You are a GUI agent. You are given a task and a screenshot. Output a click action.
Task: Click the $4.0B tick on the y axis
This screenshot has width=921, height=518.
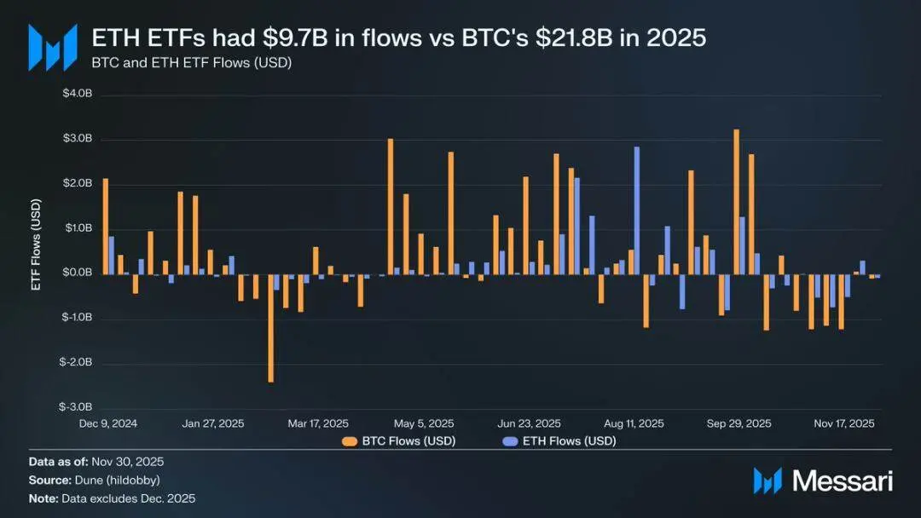(77, 95)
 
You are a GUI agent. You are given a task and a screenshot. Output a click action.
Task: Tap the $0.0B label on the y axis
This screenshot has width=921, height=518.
(77, 273)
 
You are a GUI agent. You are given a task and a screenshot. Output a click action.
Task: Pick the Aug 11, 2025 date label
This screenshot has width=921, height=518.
(634, 423)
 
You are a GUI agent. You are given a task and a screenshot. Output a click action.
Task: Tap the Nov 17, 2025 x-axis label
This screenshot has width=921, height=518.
(843, 423)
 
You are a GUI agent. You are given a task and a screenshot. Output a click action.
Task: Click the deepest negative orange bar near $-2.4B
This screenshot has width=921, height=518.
(271, 328)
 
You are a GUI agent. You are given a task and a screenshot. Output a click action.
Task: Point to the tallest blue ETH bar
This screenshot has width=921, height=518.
(636, 210)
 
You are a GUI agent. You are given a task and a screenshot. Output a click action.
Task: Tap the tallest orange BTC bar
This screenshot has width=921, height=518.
(736, 202)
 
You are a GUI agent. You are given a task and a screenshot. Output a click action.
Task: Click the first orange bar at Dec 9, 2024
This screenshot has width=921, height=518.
(106, 226)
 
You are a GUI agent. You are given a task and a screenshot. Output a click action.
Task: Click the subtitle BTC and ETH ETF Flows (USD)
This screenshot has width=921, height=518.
(192, 63)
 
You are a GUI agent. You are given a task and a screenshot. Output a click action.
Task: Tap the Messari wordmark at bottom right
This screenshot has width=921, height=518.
(843, 481)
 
